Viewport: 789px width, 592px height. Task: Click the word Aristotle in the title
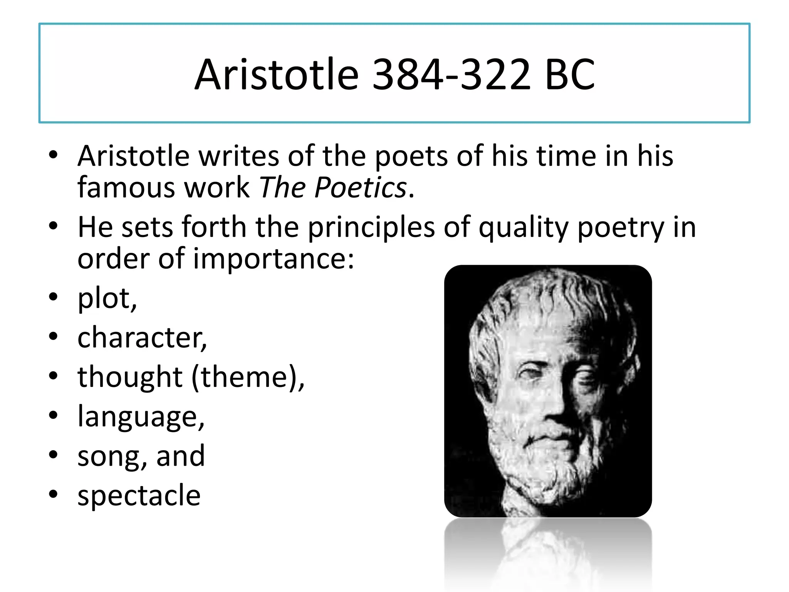[x=277, y=74]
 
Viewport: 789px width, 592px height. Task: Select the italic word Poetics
[x=361, y=188]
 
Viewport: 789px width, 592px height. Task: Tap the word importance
[x=273, y=259]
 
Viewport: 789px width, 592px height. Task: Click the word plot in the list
[x=104, y=299]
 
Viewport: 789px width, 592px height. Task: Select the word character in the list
[x=140, y=338]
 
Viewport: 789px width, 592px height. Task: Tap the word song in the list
[x=109, y=456]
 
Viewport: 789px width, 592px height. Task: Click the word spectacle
[x=139, y=496]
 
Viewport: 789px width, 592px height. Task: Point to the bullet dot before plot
[x=53, y=297]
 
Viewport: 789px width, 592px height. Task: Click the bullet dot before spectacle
[x=53, y=494]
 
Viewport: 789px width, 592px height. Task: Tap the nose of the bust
[x=555, y=412]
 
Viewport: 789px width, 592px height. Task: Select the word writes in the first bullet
[x=238, y=156]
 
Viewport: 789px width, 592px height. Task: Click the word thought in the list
[x=130, y=377]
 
